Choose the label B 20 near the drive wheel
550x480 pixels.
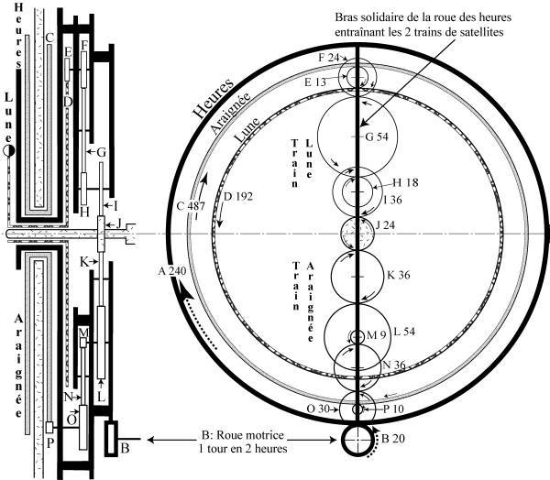[x=390, y=441]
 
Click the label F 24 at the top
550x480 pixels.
[x=327, y=57]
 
